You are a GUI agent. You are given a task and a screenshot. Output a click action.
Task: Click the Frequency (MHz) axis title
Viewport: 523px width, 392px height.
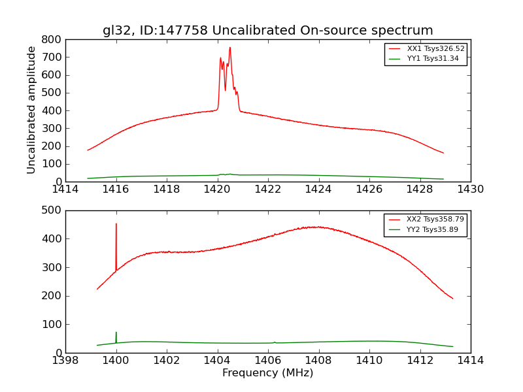click(x=267, y=373)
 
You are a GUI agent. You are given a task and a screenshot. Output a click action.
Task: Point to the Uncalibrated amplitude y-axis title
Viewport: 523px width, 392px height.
click(x=31, y=110)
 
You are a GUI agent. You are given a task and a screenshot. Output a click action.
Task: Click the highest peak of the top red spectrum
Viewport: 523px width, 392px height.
click(x=229, y=47)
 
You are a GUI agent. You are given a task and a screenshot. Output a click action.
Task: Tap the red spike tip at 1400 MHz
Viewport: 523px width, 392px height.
click(x=116, y=224)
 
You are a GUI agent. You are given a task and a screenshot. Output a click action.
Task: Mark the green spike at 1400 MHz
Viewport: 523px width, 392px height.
click(x=116, y=333)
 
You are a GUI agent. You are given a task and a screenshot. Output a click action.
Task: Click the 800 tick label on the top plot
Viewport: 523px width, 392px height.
click(x=51, y=40)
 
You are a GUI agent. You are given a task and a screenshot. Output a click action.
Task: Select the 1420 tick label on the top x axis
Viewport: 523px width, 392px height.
click(x=217, y=189)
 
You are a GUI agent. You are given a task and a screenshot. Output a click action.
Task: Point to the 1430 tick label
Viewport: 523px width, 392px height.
click(x=470, y=189)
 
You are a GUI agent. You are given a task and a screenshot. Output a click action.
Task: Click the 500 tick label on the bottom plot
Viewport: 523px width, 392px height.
click(x=51, y=210)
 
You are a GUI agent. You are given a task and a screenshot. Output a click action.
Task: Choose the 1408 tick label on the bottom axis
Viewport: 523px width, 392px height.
click(x=318, y=361)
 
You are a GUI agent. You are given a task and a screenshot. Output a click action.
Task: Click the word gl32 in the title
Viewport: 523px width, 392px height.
click(x=116, y=31)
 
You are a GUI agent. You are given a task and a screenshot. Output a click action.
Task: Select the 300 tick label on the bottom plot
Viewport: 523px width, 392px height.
click(x=51, y=267)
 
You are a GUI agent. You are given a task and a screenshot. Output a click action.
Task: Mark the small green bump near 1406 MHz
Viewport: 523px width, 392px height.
click(x=275, y=342)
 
